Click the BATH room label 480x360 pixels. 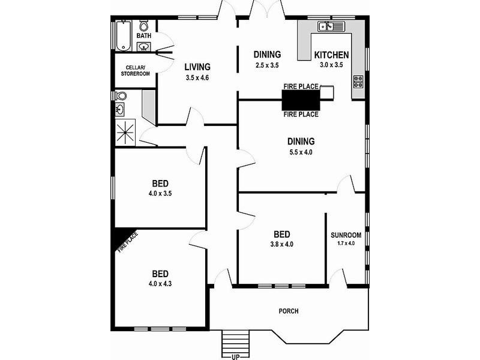144,36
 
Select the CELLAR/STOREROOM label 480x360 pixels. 137,70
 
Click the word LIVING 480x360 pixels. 197,67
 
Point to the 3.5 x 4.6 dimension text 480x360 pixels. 197,77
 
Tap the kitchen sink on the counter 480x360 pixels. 330,26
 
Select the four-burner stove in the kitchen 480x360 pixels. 359,81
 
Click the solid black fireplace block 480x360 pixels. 301,97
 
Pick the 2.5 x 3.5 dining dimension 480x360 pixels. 267,65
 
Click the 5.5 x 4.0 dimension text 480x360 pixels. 301,152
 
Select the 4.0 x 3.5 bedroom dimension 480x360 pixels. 160,194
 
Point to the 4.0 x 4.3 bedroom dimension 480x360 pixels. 160,284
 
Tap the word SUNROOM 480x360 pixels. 346,235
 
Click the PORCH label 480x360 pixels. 289,311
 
